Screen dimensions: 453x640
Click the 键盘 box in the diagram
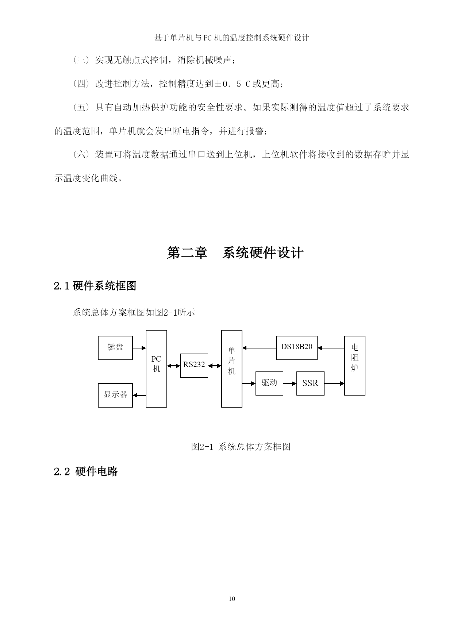115,348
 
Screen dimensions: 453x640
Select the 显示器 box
115,395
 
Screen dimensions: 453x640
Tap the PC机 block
157,369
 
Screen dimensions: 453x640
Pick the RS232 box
194,366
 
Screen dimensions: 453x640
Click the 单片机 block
232,369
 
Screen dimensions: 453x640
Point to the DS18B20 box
297,348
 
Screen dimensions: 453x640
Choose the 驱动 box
269,383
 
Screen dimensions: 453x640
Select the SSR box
310,383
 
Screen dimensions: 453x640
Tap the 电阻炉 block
355,366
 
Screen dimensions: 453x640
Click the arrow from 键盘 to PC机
139,348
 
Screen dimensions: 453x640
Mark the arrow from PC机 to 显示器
139,395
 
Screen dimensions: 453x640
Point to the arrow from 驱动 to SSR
290,383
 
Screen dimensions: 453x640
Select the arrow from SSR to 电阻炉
334,383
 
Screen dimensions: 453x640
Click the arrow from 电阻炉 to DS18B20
331,348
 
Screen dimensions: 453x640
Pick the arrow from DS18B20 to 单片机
259,348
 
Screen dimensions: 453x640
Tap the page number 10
232,599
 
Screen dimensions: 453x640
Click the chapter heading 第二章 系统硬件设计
235,253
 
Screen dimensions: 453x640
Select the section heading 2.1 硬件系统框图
95,286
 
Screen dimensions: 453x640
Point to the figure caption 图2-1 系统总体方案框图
241,447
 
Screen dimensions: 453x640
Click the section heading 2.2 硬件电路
86,471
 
